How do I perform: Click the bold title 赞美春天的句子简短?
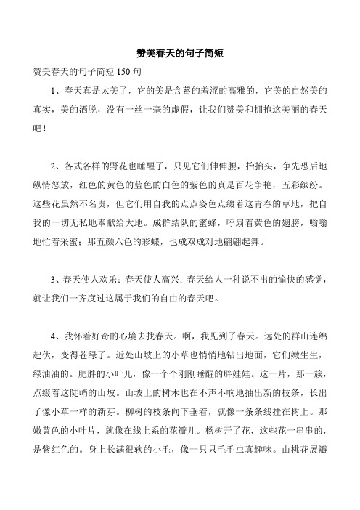179,53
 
